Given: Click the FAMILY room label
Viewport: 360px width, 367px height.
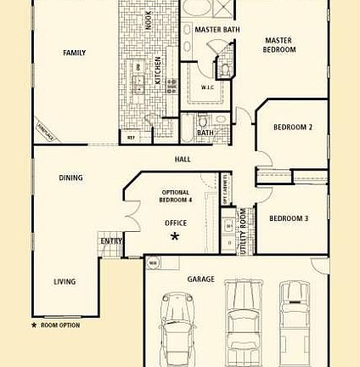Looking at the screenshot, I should (74, 53).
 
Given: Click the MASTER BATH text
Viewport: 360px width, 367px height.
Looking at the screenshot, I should (217, 30).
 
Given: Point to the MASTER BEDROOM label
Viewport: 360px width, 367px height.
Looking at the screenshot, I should (278, 45).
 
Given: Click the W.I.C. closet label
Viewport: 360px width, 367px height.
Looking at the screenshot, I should (208, 87).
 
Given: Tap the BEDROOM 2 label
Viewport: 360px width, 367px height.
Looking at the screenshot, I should (292, 127).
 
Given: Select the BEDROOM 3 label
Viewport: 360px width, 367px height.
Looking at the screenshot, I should (288, 218).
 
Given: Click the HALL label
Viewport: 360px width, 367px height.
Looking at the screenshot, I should (182, 158).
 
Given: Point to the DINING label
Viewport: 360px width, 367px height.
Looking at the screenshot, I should (70, 178).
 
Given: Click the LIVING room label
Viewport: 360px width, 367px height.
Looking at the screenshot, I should (65, 281).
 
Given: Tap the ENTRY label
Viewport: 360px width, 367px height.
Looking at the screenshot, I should (111, 241).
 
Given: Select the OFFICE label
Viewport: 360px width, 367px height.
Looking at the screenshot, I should (176, 223).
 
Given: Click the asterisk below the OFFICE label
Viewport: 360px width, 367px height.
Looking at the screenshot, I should (176, 237).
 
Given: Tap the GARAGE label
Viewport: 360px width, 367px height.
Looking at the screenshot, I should (200, 279).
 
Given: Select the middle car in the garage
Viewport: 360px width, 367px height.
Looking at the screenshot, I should (241, 319).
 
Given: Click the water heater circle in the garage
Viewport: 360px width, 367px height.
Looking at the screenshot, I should (155, 264).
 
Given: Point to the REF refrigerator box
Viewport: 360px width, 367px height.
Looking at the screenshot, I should (131, 136).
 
